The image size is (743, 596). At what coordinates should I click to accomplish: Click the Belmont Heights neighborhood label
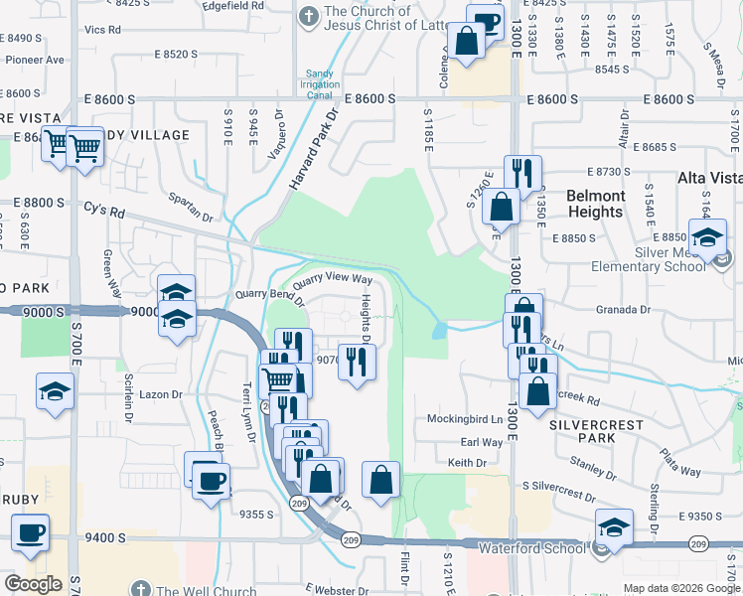pyautogui.click(x=596, y=204)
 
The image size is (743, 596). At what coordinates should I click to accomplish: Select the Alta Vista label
pyautogui.click(x=709, y=178)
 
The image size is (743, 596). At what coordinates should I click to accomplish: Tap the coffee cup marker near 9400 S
pyautogui.click(x=30, y=531)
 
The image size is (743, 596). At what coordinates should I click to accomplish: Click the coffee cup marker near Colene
pyautogui.click(x=485, y=21)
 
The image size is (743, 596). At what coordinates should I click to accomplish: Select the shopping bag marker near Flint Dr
pyautogui.click(x=381, y=481)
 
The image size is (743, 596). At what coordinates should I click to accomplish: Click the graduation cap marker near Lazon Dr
pyautogui.click(x=55, y=390)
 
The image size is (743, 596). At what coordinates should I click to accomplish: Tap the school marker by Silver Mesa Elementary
pyautogui.click(x=708, y=239)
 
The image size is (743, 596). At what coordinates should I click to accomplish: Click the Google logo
pyautogui.click(x=33, y=584)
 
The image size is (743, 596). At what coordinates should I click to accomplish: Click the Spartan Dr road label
pyautogui.click(x=190, y=208)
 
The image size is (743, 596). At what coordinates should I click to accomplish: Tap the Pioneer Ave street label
pyautogui.click(x=35, y=60)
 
